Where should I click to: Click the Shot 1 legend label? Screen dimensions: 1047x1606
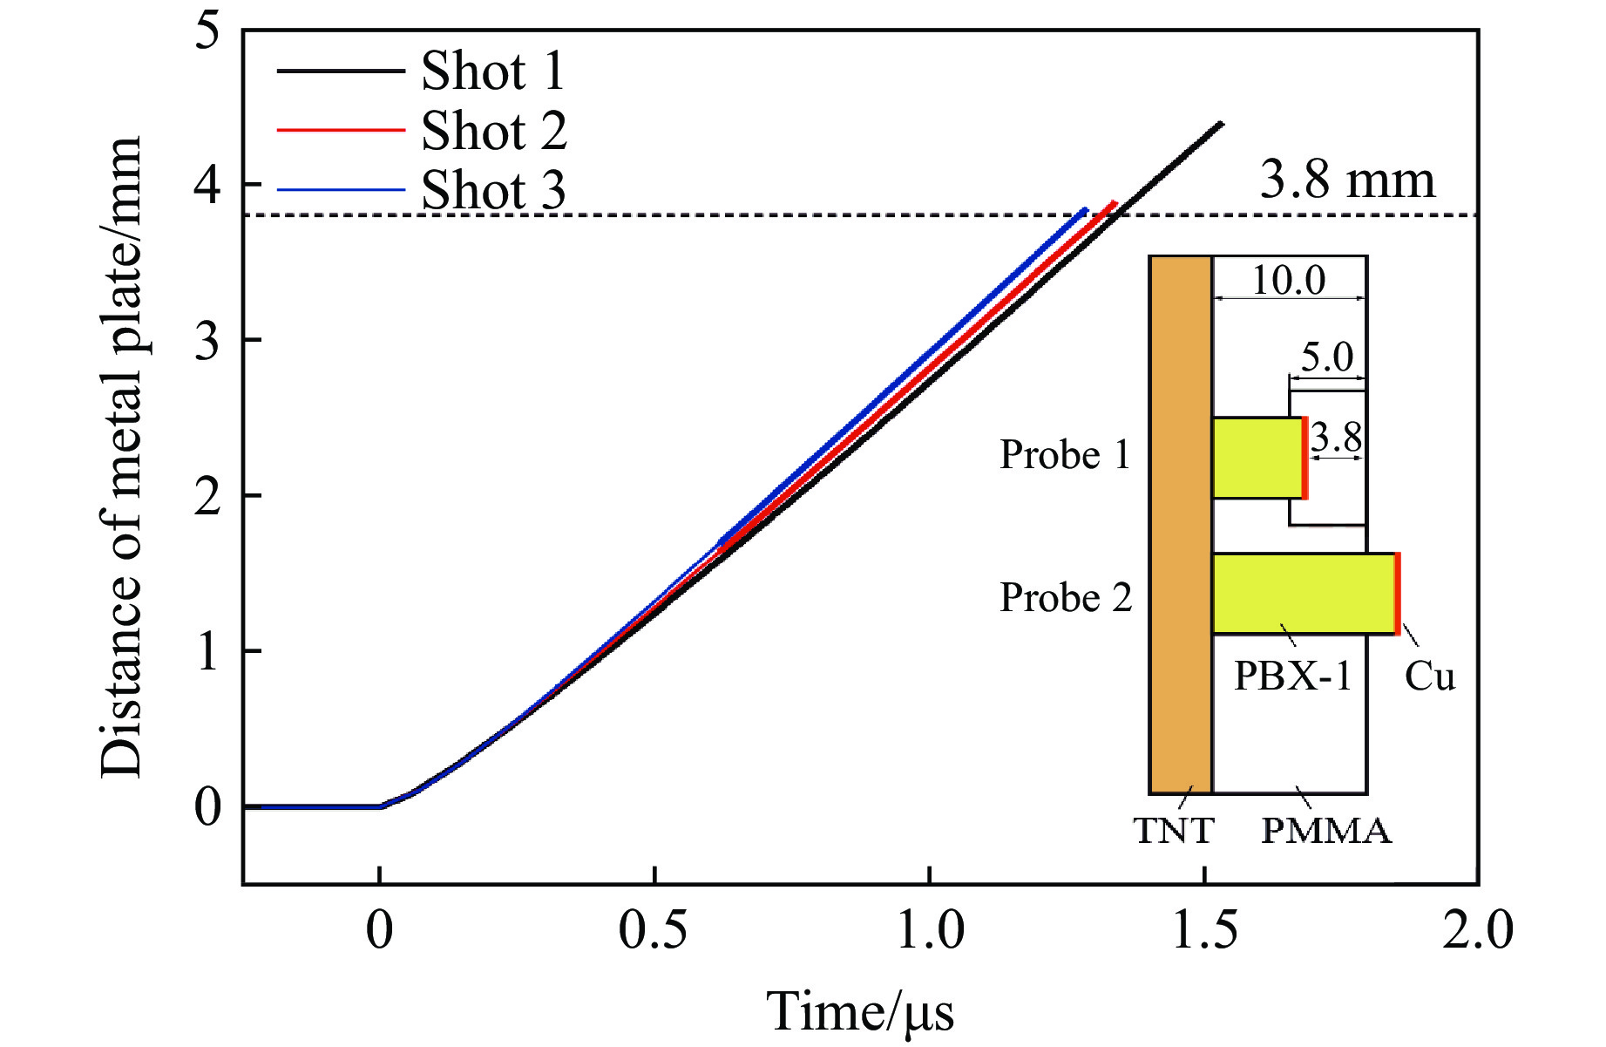492,71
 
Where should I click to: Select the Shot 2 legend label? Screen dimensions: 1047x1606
494,131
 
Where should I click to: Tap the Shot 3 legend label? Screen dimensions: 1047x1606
493,190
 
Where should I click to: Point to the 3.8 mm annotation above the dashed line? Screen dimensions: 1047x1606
1347,180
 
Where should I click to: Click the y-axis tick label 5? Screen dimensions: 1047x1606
207,33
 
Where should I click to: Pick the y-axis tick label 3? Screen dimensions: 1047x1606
207,341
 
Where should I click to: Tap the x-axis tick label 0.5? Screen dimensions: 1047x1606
653,930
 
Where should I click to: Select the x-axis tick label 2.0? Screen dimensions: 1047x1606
1478,930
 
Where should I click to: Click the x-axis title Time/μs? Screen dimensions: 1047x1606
860,1012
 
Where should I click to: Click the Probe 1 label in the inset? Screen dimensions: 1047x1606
1064,454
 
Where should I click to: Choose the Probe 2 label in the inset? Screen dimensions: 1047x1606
1065,598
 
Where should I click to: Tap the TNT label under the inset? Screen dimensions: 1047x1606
1174,831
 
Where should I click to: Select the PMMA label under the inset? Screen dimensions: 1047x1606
1326,831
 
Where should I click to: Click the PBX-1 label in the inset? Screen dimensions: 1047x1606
1292,676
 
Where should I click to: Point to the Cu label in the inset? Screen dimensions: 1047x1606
1430,676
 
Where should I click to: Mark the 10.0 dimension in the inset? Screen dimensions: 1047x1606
1289,280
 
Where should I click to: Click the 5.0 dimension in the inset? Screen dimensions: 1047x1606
1327,357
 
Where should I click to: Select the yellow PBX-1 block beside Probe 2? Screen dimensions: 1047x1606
1303,594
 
